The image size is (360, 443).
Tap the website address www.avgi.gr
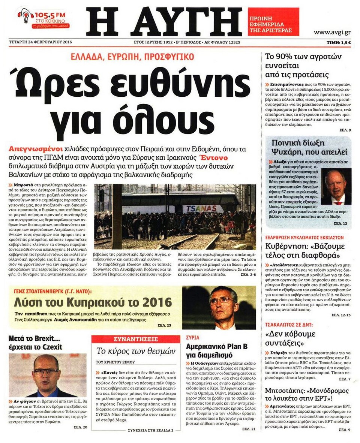[332, 32]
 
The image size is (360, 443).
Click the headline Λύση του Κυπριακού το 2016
[93, 302]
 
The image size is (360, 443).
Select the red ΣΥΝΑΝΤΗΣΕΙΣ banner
[135, 340]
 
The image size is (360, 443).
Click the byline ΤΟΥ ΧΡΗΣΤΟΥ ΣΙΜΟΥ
[115, 362]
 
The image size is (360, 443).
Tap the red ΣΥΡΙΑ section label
[193, 337]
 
